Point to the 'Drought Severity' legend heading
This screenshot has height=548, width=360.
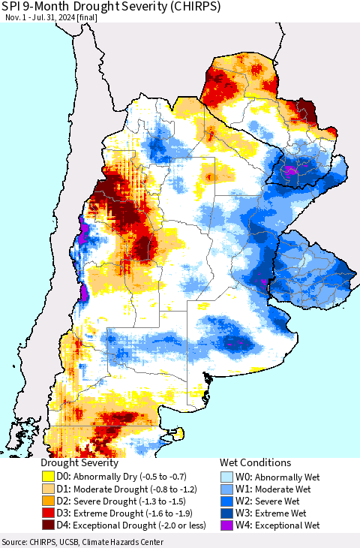(x=79, y=462)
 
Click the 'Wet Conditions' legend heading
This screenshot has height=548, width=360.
(x=255, y=462)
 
